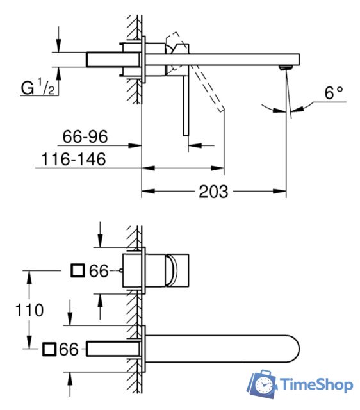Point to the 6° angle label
click(x=333, y=94)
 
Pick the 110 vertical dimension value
click(x=30, y=311)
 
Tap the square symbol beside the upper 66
click(x=78, y=270)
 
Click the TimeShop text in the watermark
click(x=316, y=385)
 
